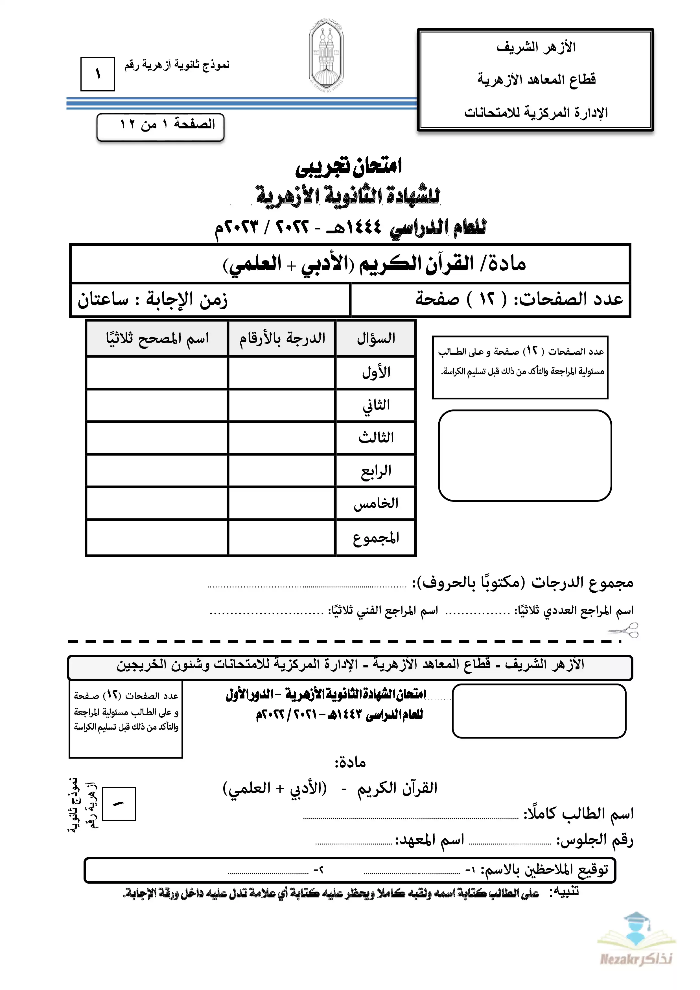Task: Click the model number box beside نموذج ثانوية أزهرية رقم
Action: (97, 74)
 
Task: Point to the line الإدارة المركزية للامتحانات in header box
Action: (536, 113)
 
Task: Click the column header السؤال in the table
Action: (376, 338)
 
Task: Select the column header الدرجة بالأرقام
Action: (282, 338)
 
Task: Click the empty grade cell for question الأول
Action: (282, 373)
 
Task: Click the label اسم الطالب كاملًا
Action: (578, 814)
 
